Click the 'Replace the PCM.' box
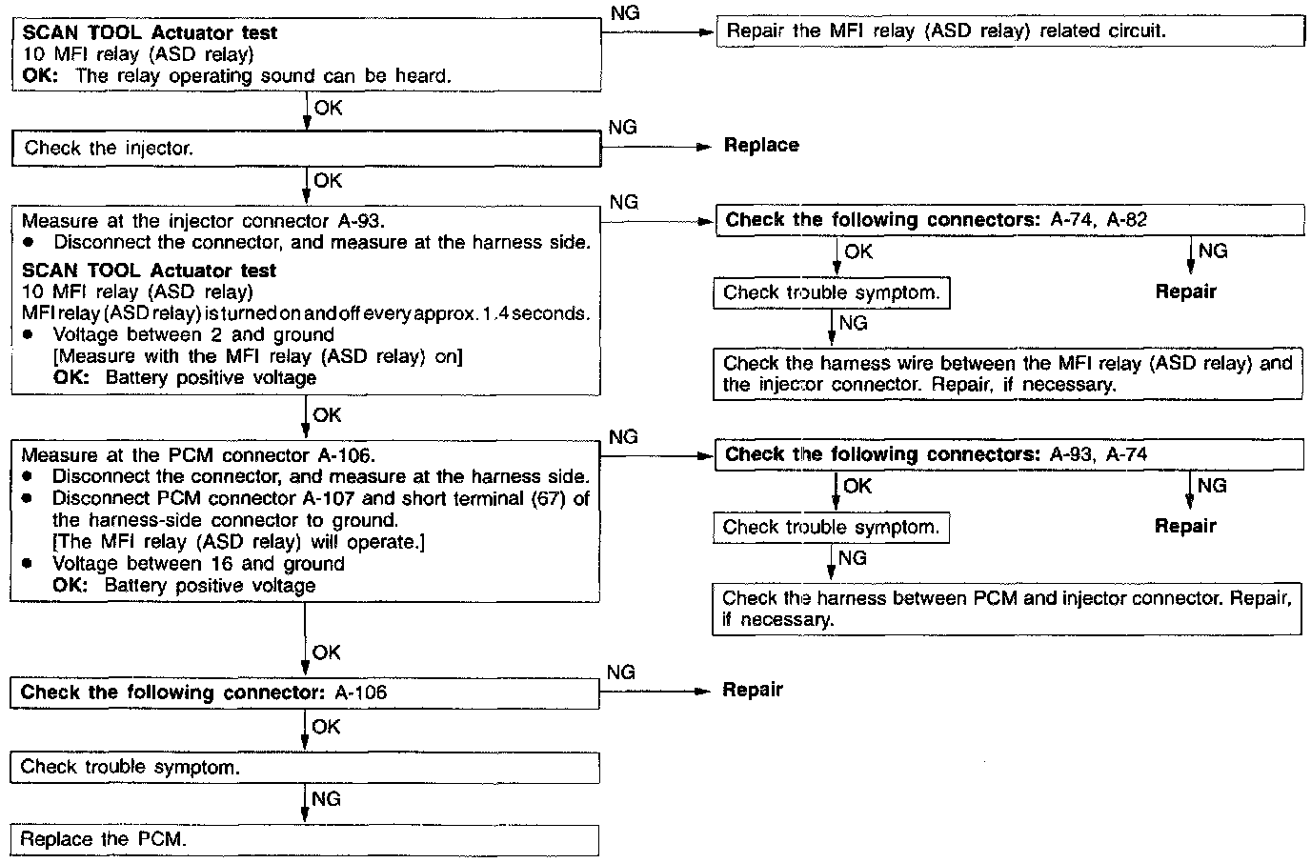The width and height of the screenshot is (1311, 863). click(x=305, y=839)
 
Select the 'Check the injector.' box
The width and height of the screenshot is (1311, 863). click(x=305, y=149)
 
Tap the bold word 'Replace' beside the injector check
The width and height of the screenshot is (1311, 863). click(x=761, y=146)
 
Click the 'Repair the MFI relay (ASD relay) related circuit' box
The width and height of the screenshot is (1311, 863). click(x=1010, y=31)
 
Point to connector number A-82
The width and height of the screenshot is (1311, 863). click(x=1127, y=220)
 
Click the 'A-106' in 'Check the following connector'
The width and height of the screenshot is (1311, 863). click(x=361, y=692)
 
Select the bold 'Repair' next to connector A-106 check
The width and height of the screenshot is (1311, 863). click(x=753, y=690)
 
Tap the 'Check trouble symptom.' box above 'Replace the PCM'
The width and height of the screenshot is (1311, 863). click(x=305, y=767)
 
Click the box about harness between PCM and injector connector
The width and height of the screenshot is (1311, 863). click(x=1007, y=609)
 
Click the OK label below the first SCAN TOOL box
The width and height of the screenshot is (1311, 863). click(x=328, y=109)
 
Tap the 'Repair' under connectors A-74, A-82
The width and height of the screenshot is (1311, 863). click(x=1185, y=291)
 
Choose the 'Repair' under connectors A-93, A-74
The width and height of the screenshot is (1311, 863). click(x=1185, y=526)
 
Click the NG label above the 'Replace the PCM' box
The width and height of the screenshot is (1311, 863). click(x=326, y=799)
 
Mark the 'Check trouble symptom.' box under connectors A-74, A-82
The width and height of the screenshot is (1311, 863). click(x=831, y=293)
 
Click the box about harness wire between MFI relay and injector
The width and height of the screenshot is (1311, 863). click(x=1007, y=374)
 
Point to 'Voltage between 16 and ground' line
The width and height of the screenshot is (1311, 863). click(x=198, y=564)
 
